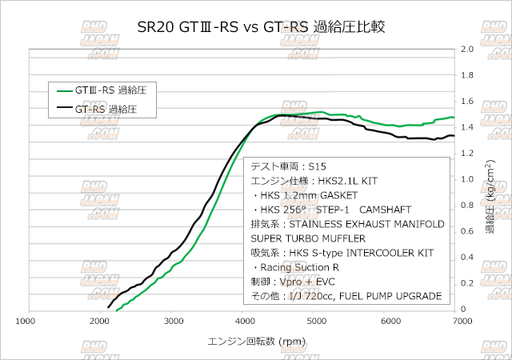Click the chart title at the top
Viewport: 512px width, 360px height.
coord(256,26)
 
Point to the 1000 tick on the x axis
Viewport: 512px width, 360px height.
coord(26,322)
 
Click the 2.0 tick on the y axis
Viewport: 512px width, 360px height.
coord(468,49)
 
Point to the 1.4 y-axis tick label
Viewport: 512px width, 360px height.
coord(468,127)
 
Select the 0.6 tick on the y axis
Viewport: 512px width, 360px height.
coord(468,231)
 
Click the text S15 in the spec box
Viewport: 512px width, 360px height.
coord(317,167)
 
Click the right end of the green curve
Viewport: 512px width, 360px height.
coord(453,117)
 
